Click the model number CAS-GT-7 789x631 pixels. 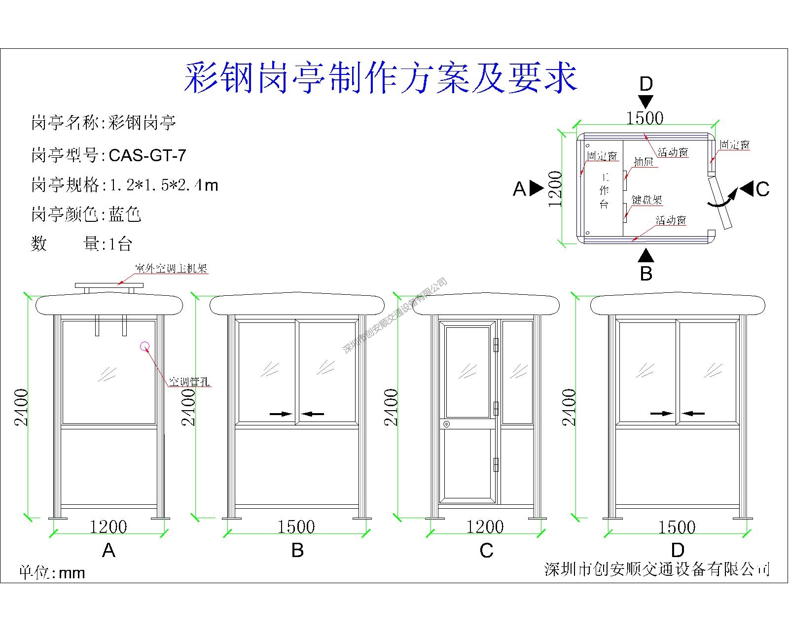point(147,156)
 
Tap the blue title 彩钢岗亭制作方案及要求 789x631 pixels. point(380,78)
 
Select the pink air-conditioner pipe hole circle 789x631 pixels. point(145,346)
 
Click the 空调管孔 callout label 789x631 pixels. point(189,382)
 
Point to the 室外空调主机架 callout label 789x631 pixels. point(171,269)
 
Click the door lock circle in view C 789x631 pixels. point(446,424)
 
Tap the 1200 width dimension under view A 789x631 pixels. point(108,527)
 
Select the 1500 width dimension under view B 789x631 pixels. point(296,527)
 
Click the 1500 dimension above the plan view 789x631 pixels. point(645,118)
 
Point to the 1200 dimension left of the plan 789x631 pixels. point(555,189)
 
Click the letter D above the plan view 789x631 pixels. point(646,84)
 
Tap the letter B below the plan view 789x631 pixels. point(646,273)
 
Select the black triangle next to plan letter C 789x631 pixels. point(747,188)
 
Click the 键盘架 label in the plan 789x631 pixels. point(647,200)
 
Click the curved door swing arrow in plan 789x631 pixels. point(723,198)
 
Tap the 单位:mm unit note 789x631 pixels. point(52,572)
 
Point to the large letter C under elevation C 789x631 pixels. point(486,551)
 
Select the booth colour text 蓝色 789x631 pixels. point(125,214)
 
